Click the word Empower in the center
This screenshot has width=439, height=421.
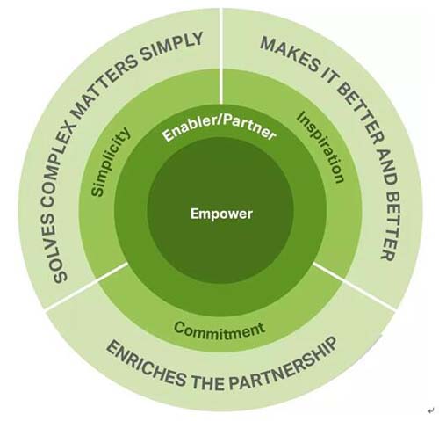[221, 214]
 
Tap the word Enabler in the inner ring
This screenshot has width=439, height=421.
[188, 128]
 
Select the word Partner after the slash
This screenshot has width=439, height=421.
[248, 127]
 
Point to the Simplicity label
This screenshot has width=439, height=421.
[110, 162]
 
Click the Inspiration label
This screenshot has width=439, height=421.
[320, 147]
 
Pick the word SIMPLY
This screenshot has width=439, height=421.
[175, 47]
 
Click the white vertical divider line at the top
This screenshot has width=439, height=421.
[221, 54]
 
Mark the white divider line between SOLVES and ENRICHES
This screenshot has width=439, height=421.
[87, 287]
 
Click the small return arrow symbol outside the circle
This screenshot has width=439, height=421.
[430, 410]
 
